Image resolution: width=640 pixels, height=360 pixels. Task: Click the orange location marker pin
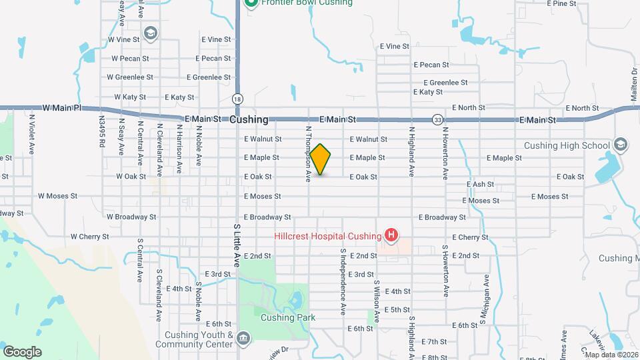click(x=321, y=159)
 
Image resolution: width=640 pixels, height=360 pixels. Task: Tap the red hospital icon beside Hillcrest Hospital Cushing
click(x=392, y=235)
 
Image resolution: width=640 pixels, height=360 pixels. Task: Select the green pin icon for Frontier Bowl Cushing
click(x=251, y=3)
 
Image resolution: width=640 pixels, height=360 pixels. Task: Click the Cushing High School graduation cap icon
click(x=621, y=145)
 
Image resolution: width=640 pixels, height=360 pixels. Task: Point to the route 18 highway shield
click(x=238, y=99)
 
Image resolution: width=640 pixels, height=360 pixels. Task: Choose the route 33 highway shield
click(x=437, y=120)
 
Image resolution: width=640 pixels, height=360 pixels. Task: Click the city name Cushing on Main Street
click(x=249, y=120)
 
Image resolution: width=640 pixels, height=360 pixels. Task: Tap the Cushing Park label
click(x=288, y=318)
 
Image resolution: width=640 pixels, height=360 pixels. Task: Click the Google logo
click(x=22, y=351)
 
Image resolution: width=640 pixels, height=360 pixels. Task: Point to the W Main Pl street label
click(x=61, y=107)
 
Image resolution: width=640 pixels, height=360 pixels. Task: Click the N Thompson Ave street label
click(x=309, y=155)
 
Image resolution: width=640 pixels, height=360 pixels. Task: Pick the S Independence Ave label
click(x=343, y=281)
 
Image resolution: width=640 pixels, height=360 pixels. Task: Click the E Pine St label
click(x=561, y=3)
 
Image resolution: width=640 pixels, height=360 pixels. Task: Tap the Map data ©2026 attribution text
click(x=611, y=355)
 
